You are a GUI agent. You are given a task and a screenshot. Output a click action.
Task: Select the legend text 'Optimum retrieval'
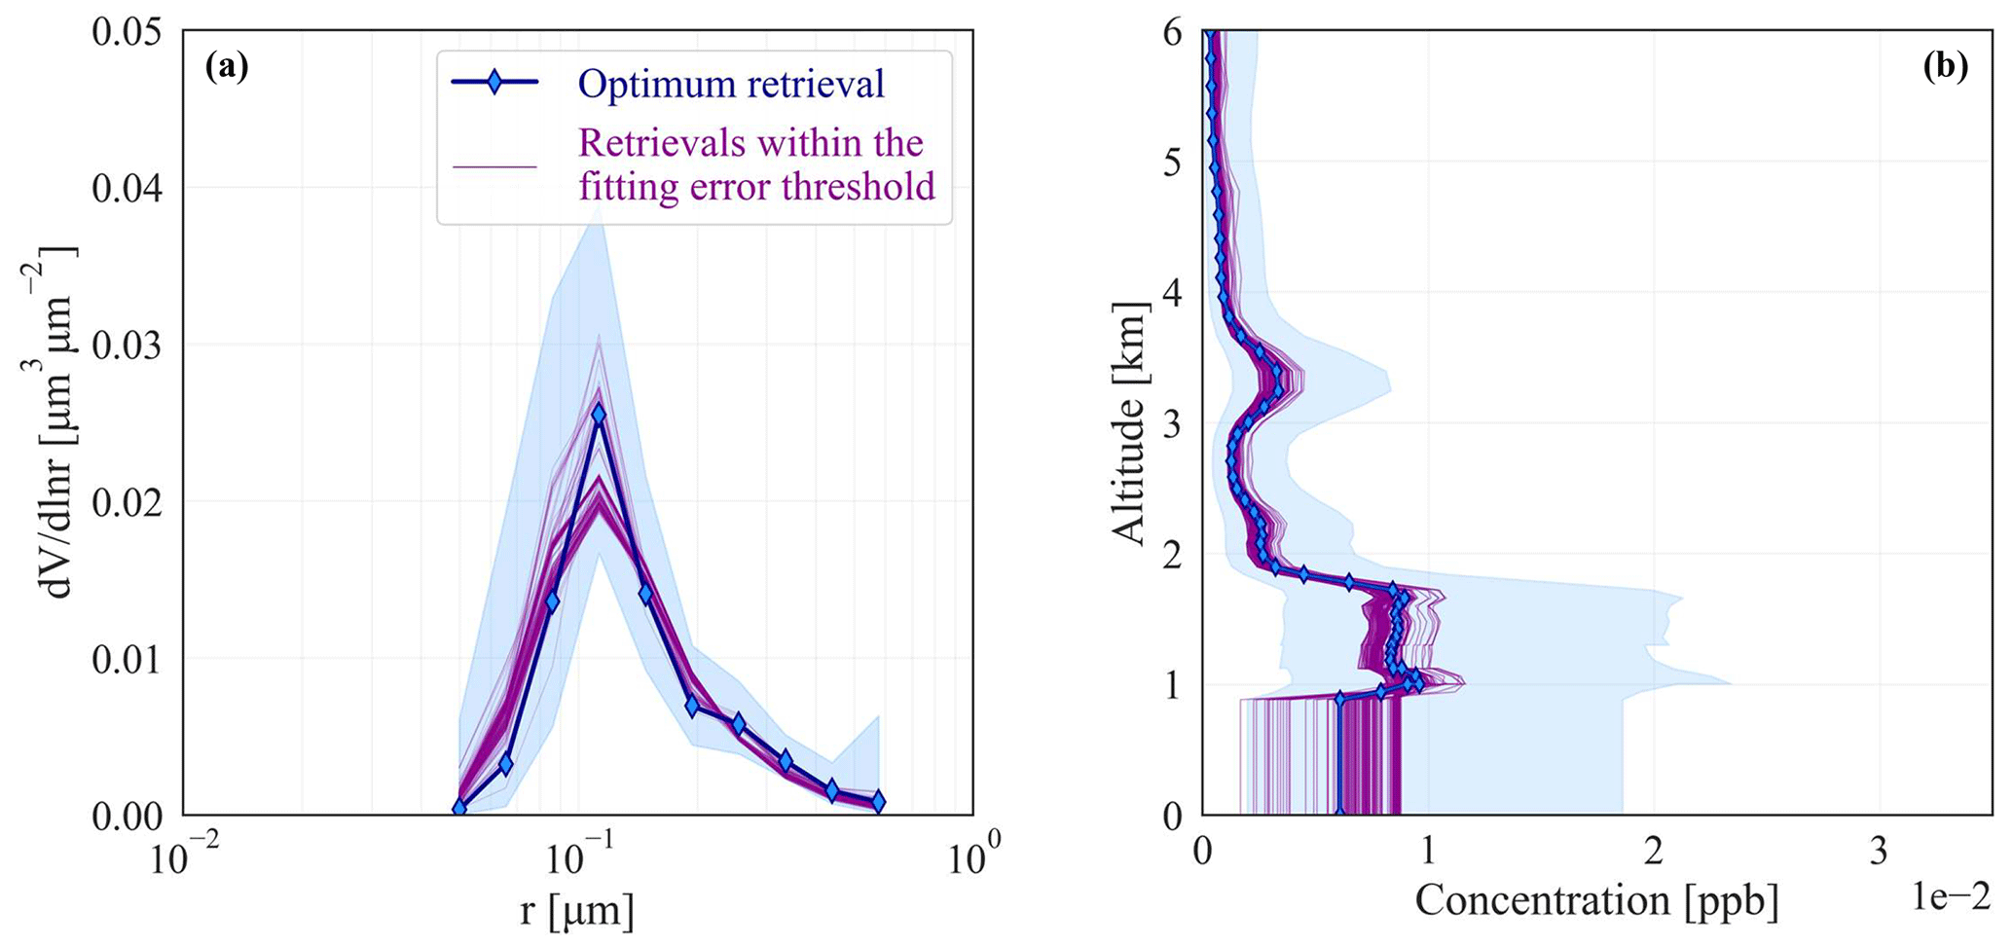(731, 84)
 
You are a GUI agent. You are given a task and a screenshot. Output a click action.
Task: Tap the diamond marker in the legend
(494, 83)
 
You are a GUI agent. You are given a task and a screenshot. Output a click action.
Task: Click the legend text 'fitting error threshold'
(756, 185)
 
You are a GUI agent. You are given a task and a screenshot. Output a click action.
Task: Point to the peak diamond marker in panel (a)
(599, 415)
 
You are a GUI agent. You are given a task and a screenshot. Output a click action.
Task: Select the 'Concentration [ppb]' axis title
(1596, 900)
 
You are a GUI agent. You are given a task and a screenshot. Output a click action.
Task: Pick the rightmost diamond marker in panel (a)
(878, 802)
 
